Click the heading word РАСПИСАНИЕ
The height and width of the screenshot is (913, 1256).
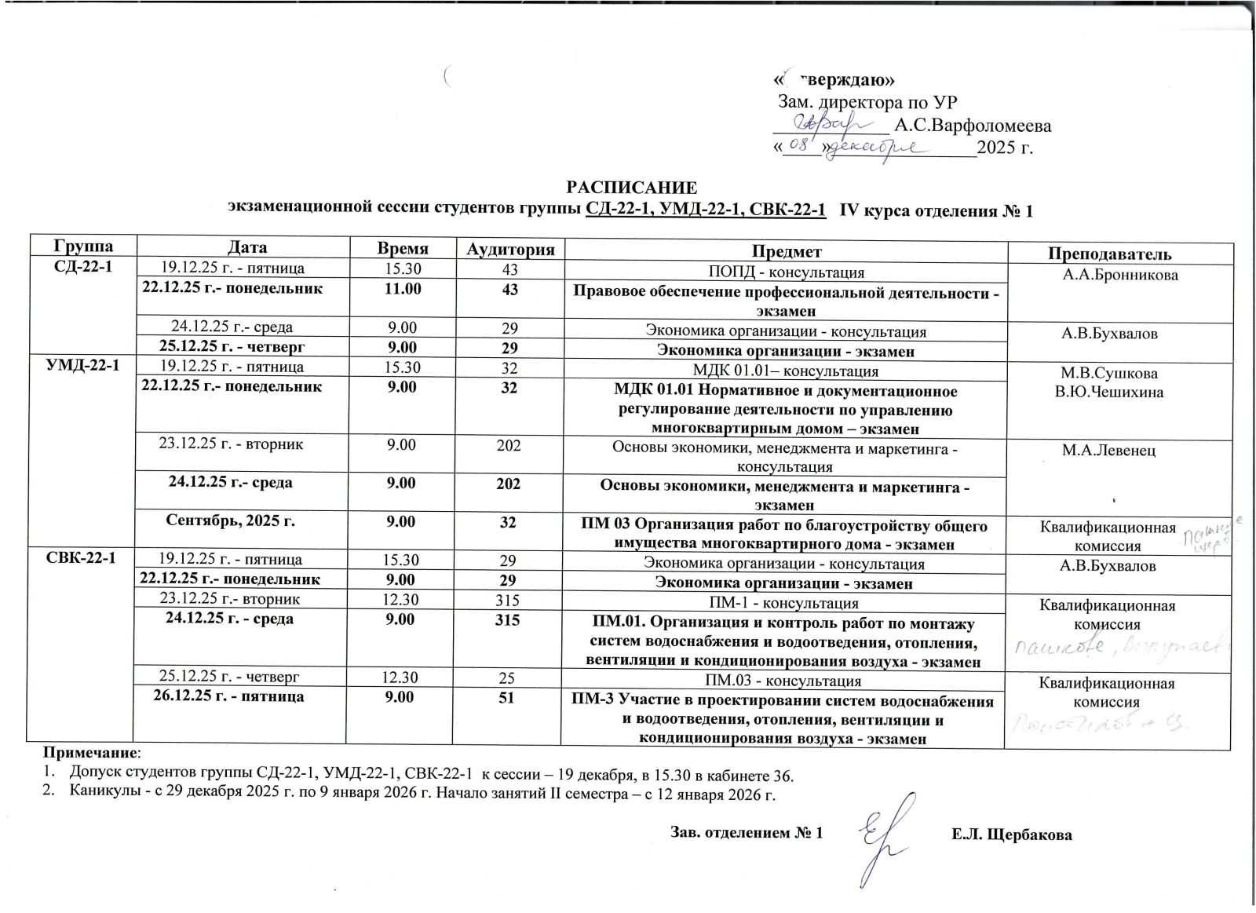click(x=633, y=188)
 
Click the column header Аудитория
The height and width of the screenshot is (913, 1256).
click(x=511, y=250)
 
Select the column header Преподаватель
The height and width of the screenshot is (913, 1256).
click(x=1120, y=253)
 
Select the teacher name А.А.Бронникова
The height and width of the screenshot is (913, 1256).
click(x=1120, y=276)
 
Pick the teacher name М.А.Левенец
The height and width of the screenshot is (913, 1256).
click(x=1119, y=451)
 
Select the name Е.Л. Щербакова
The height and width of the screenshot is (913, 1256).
click(x=1011, y=834)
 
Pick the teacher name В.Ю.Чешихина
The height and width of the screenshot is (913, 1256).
click(x=1119, y=392)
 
